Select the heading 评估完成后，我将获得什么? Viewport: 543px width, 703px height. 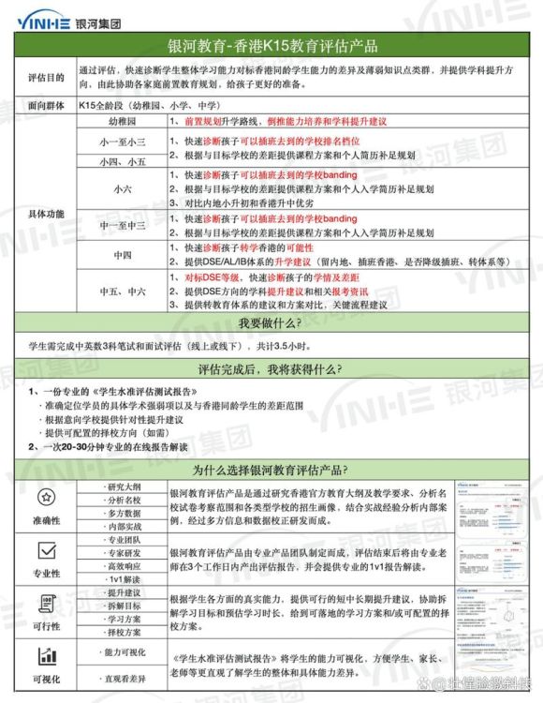[271, 370]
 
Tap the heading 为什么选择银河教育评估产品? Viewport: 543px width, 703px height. [271, 470]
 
